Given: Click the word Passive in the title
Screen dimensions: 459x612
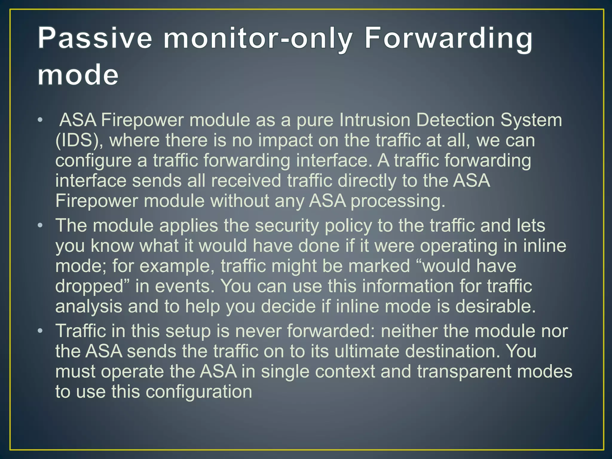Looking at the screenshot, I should click(95, 39).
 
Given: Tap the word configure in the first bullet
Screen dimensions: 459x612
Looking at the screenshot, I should click(93, 161).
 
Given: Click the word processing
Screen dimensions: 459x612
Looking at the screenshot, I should click(398, 201).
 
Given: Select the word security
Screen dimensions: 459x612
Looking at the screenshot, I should click(287, 226).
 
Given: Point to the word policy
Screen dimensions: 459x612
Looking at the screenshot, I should click(348, 226).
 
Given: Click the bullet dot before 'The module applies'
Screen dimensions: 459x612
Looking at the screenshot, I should click(40, 226).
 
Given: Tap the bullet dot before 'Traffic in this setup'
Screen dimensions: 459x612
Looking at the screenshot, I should click(40, 331).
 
